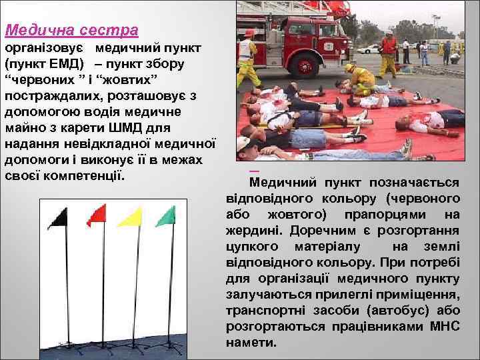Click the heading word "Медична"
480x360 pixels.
click(37, 30)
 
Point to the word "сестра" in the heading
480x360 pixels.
click(107, 30)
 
